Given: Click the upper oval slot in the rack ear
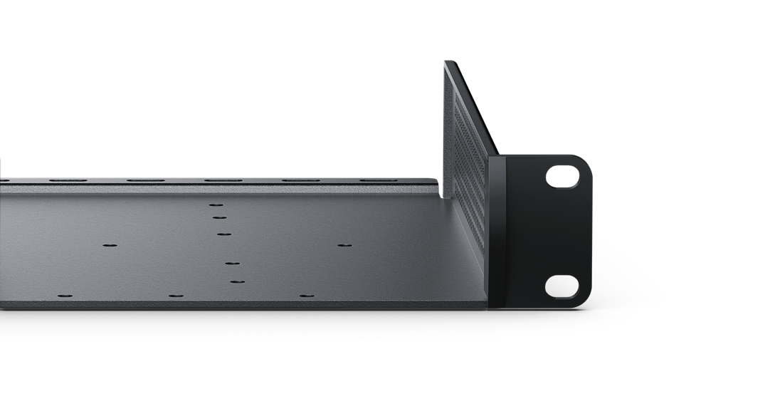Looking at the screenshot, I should [562, 177].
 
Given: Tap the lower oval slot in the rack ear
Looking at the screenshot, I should [562, 286].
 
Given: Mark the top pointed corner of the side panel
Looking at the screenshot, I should [446, 63].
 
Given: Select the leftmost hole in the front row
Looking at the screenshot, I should [65, 296].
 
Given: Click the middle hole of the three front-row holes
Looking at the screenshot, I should [176, 296].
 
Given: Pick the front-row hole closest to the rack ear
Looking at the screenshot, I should [306, 296].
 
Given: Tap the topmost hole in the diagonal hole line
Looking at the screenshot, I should [216, 205].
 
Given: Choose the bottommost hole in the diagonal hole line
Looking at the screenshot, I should [237, 281].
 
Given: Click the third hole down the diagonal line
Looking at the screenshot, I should [224, 234].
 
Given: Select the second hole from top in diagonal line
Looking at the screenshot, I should [219, 218].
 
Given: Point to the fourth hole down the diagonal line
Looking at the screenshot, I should [232, 264].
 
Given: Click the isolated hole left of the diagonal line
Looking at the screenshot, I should [110, 245].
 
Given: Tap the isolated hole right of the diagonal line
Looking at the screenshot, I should [344, 245].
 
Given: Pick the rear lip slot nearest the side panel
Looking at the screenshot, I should [378, 180].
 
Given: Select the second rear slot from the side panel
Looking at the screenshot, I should [301, 180].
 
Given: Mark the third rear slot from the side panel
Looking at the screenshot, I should [223, 180].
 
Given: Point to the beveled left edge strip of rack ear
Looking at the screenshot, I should [496, 232].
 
